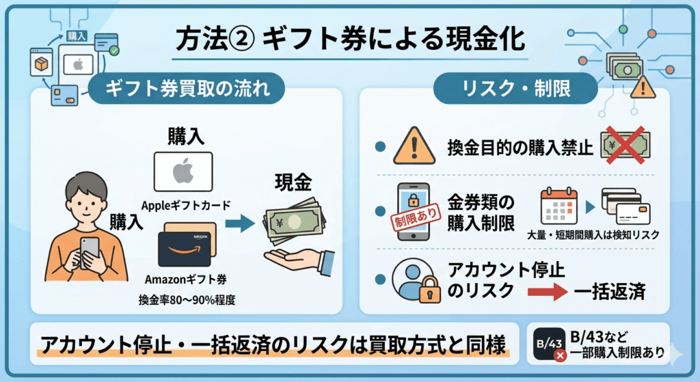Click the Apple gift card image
[183, 172]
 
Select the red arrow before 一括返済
[548, 292]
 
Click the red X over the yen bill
[625, 145]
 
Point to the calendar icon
[558, 206]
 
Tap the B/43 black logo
[549, 344]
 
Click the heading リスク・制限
[515, 88]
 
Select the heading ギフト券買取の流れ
[187, 88]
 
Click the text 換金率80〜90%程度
[187, 300]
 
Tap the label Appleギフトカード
[186, 205]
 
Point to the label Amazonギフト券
[186, 279]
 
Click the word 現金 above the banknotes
[293, 182]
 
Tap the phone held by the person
[90, 252]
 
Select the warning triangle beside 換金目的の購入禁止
[414, 146]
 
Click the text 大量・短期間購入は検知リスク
[593, 234]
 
